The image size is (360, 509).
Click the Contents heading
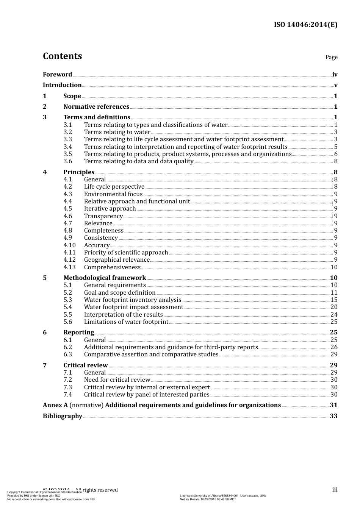(62, 56)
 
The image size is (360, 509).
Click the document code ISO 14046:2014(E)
(305, 25)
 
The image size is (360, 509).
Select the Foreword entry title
(57, 75)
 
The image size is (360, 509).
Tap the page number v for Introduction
(335, 85)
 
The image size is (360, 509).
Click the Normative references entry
(96, 107)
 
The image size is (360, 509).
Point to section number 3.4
(68, 147)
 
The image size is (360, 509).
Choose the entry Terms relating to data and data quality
(139, 161)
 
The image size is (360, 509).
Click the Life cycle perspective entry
(114, 187)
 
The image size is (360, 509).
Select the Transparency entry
(103, 216)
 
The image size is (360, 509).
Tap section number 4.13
(69, 267)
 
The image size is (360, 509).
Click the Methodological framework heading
(105, 278)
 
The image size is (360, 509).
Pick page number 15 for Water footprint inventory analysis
(333, 300)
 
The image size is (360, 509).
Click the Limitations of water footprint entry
(126, 322)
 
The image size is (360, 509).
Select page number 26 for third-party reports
(333, 347)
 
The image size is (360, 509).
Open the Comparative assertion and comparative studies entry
(151, 354)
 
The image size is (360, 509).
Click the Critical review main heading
(86, 365)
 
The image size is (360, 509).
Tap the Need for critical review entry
(117, 380)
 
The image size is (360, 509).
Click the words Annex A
(55, 405)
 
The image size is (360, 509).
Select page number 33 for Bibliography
(333, 416)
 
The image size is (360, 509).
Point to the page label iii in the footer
(335, 490)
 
